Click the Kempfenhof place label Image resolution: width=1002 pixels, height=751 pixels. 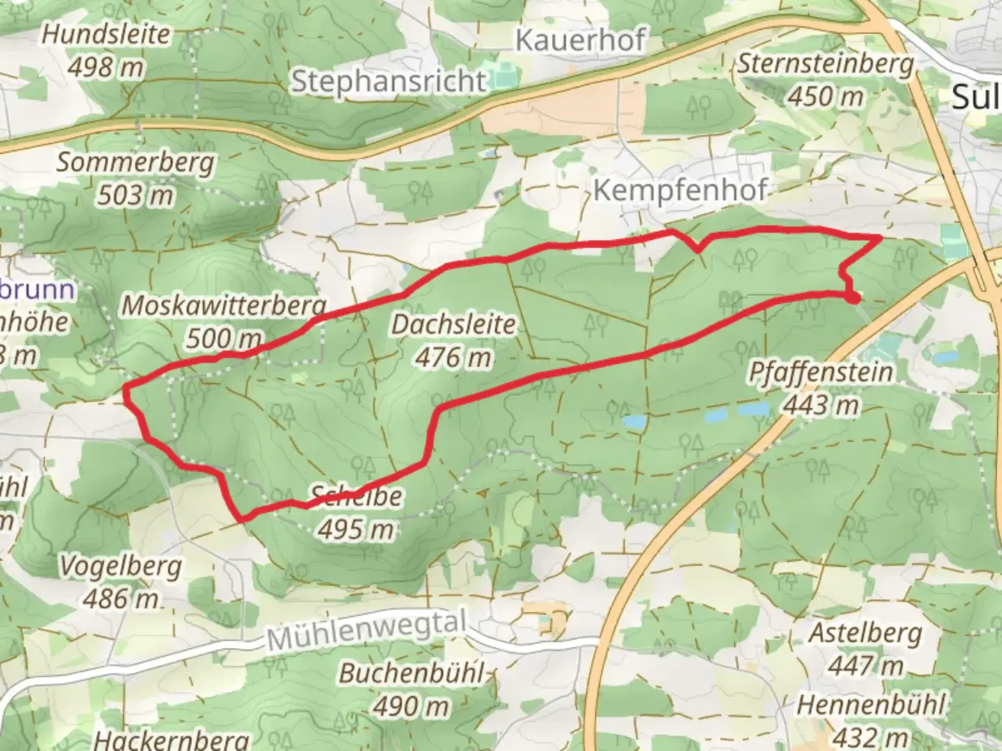pos(680,190)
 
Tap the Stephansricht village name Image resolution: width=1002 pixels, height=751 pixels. pos(388,81)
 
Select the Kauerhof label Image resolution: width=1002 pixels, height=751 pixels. pos(580,40)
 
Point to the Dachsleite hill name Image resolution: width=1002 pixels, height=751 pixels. pos(454,324)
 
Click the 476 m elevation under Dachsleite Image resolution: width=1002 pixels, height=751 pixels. pos(454,357)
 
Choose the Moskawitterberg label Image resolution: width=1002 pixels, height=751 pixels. pos(224,305)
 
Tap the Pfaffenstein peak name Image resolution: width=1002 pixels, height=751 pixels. pos(820,372)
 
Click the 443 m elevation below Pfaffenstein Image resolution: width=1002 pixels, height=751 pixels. pos(820,405)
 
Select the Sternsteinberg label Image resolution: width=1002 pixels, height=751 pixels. pos(825,64)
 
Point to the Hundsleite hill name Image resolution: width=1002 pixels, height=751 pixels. pos(106,35)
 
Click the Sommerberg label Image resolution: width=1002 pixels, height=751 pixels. pos(135,163)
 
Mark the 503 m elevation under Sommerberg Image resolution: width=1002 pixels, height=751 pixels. pos(135,195)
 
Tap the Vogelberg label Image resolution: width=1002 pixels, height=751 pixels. pos(120,566)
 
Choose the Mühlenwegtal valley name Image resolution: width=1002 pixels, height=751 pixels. pos(366,630)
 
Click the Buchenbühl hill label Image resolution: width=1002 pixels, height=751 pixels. pos(411,674)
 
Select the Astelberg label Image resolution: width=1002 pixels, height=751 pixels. pos(865,633)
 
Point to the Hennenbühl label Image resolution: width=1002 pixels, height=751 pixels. pos(870,705)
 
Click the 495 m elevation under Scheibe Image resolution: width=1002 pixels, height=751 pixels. pos(356,530)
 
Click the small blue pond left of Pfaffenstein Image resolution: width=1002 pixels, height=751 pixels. pos(635,421)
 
